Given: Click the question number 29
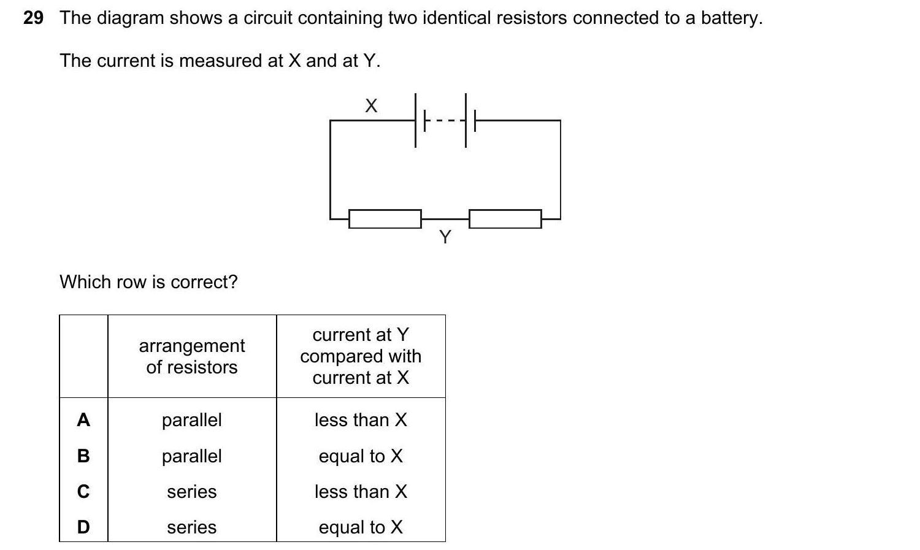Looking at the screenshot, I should [33, 18].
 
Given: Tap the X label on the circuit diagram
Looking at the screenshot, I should [371, 106].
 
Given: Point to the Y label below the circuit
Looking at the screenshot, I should [445, 237].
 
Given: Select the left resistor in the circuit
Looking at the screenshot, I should [385, 219].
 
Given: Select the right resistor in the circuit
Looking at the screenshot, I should [505, 219].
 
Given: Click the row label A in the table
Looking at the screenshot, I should [83, 420].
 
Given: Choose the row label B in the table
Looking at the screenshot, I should [83, 456].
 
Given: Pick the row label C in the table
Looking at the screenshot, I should [83, 492].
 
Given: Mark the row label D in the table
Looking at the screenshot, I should [83, 527].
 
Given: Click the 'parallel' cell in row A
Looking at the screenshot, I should [192, 420].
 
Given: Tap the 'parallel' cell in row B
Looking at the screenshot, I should [192, 456].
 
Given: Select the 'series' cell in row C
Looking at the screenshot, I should [192, 492].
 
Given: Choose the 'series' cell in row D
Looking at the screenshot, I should [192, 527].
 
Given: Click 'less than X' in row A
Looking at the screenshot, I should [361, 420].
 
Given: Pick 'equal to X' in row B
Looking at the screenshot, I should [361, 456].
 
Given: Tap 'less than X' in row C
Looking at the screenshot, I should [361, 492].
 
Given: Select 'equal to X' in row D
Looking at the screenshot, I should [361, 527].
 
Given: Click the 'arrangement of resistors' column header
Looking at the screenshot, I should [192, 356].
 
